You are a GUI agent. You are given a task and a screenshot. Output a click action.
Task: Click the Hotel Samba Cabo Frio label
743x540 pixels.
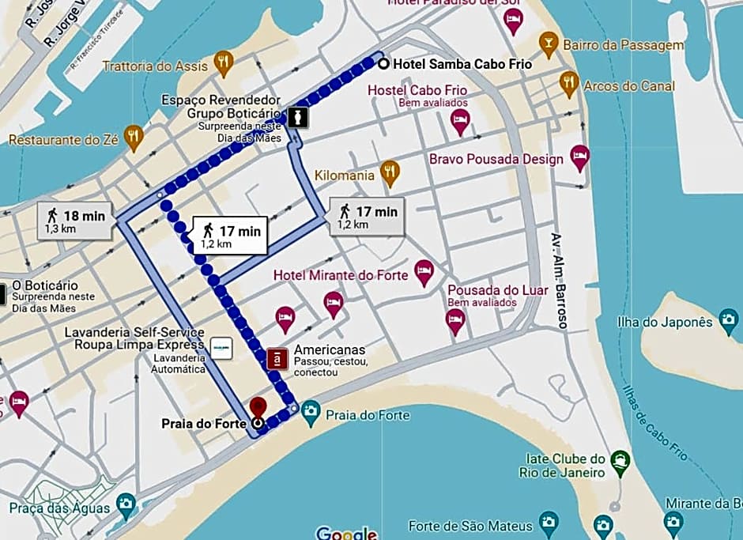click(462, 64)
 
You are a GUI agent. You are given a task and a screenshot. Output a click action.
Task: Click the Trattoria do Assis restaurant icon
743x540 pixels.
click(224, 62)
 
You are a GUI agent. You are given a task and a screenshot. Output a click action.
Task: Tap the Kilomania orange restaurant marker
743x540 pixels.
click(389, 172)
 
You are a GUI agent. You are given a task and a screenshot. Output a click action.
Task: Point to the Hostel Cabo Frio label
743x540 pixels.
click(417, 90)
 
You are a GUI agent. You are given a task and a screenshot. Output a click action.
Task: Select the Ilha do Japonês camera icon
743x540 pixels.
click(728, 321)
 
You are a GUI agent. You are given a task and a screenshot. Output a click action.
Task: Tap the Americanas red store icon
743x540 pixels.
click(277, 359)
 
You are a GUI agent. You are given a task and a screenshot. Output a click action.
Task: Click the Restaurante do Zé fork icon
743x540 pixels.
click(134, 136)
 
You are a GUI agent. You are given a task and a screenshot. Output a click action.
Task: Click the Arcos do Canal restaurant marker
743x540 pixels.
click(568, 82)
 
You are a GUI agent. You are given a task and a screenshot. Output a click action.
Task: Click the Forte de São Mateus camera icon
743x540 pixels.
click(548, 522)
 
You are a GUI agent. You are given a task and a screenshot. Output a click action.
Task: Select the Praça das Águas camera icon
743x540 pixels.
click(125, 504)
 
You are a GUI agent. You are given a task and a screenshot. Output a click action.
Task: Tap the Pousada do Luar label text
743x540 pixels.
click(497, 290)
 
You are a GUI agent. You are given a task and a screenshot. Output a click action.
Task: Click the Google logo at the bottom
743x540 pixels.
click(346, 533)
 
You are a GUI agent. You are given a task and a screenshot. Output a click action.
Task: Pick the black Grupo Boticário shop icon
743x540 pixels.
click(297, 117)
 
